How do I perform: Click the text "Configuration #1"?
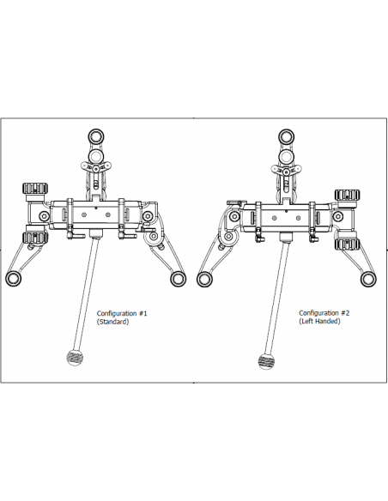[x=122, y=313]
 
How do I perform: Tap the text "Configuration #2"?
[x=324, y=313]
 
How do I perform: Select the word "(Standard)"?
[x=112, y=322]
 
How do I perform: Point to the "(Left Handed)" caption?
[x=319, y=321]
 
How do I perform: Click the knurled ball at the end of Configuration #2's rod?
[x=265, y=361]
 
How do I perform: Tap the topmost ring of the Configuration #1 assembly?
[x=95, y=136]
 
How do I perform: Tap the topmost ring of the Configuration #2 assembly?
[x=286, y=136]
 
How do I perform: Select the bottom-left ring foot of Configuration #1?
[x=14, y=279]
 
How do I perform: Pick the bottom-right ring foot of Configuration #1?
[x=178, y=279]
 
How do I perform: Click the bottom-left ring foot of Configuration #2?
[x=204, y=279]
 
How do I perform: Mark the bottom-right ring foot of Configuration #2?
[x=368, y=279]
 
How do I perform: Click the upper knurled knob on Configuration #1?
[x=35, y=188]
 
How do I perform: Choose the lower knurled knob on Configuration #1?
[x=35, y=238]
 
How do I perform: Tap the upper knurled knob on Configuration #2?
[x=347, y=195]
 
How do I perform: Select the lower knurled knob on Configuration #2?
[x=347, y=244]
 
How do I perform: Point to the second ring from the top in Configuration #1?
[x=95, y=156]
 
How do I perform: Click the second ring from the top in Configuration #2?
[x=286, y=156]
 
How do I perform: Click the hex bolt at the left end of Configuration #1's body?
[x=44, y=215]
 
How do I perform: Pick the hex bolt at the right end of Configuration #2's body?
[x=338, y=217]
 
